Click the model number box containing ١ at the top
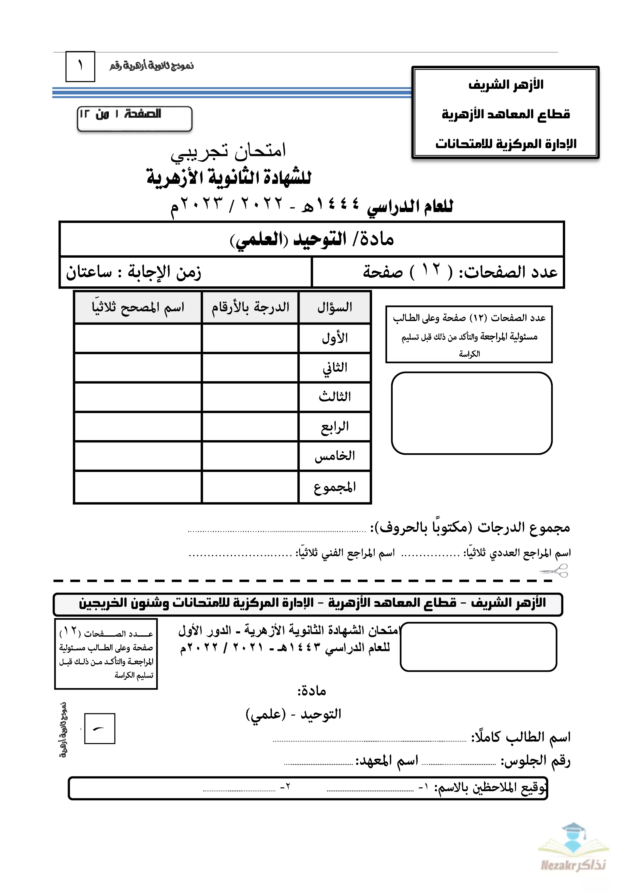[80, 66]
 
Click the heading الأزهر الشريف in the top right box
[506, 85]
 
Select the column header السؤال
[334, 307]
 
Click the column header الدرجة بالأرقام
[250, 307]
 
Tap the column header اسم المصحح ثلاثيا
[138, 307]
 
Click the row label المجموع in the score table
[334, 487]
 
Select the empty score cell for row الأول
[250, 338]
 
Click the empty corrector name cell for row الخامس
[138, 456]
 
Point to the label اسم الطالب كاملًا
[521, 737]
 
